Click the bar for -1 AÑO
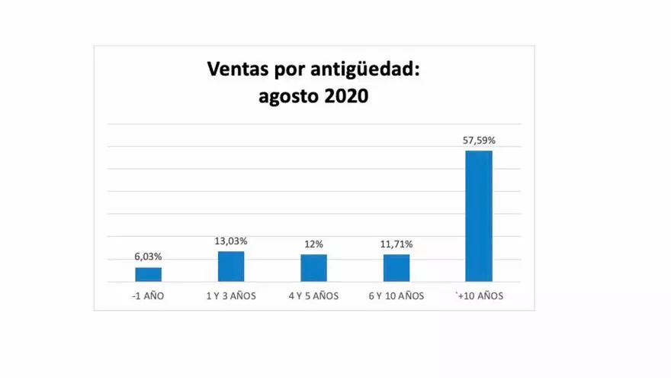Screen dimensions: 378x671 [x=149, y=274]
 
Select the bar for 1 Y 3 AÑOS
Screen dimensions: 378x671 [x=231, y=266]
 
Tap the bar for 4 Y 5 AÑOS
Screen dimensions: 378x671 [x=313, y=267]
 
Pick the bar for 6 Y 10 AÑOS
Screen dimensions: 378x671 [x=396, y=267]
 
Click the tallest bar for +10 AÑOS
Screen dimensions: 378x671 [x=479, y=215]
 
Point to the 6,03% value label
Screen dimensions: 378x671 [x=148, y=257]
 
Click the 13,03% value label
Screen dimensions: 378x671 [x=231, y=241]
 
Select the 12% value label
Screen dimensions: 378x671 [x=313, y=244]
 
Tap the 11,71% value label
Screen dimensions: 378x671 [x=396, y=244]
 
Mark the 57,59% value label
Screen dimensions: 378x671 [x=480, y=141]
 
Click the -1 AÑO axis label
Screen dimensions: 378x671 [x=148, y=296]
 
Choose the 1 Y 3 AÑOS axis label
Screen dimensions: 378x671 [x=231, y=296]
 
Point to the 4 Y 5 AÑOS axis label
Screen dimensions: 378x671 [x=313, y=296]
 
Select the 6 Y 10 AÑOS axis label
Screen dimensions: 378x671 [x=396, y=296]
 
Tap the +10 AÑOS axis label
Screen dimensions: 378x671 [x=479, y=296]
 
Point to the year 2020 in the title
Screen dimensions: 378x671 [x=346, y=97]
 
